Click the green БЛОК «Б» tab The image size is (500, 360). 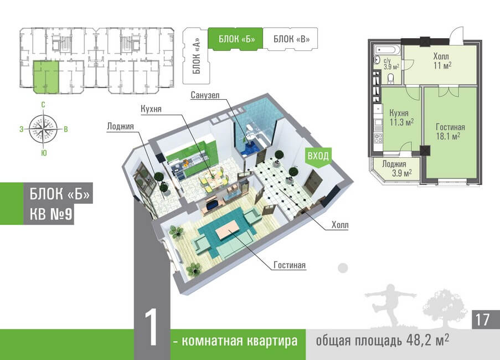235,39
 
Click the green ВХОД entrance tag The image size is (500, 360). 318,157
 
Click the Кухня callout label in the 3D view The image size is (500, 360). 151,109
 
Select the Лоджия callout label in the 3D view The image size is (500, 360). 120,126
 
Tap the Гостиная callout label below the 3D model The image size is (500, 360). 289,265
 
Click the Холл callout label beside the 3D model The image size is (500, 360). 340,225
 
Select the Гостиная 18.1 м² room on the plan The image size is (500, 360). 450,131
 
